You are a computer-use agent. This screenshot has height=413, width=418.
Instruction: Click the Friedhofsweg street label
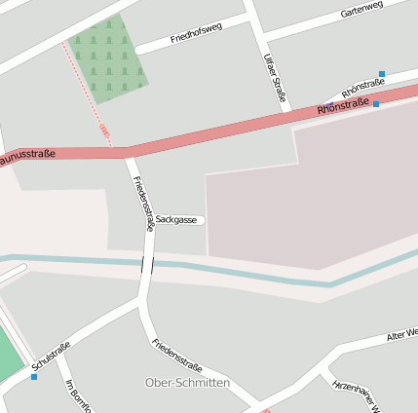(196, 34)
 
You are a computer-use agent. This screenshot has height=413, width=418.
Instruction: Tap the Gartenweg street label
(361, 11)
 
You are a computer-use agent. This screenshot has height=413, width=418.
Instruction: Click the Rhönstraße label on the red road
(342, 104)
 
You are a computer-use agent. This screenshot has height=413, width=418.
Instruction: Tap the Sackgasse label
(176, 220)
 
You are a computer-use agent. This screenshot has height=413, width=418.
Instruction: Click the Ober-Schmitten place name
(187, 383)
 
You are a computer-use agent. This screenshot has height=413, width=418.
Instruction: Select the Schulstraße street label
(51, 357)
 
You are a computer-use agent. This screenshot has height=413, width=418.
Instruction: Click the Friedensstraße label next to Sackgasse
(143, 203)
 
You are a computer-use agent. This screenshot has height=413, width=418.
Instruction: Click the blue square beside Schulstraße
(34, 376)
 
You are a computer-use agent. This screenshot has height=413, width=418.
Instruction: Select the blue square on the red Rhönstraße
(376, 103)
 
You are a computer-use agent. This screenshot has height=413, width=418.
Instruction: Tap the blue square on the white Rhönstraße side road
(382, 74)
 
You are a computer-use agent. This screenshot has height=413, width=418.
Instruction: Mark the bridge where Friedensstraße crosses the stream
(147, 264)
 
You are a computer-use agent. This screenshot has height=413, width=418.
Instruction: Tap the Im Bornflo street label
(77, 395)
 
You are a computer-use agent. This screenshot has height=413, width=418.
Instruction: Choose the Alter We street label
(401, 334)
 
